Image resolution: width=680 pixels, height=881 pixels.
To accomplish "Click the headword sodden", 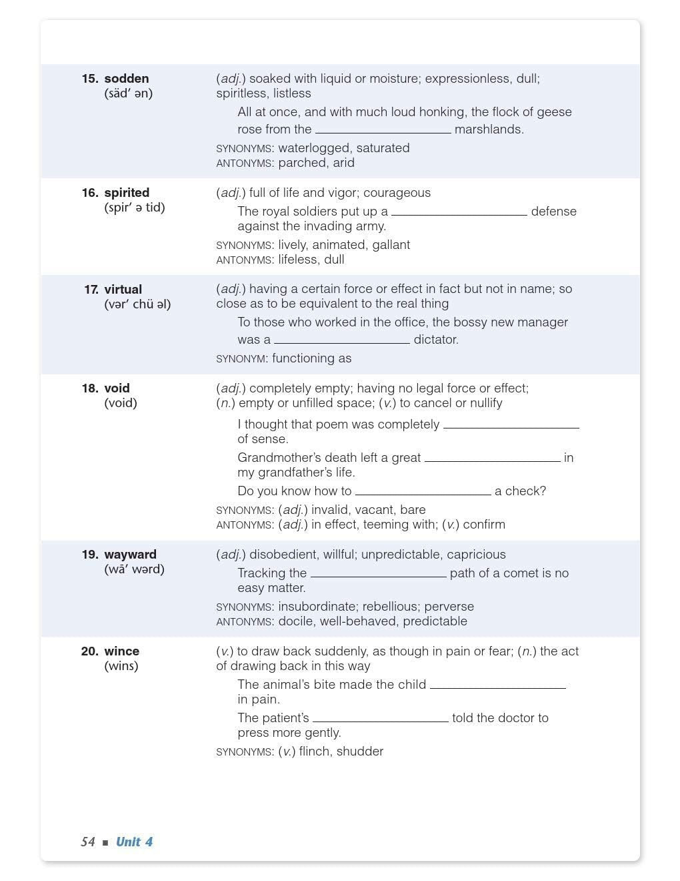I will point(127,79).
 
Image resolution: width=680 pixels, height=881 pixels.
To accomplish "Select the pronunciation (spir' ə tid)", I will point(135,208).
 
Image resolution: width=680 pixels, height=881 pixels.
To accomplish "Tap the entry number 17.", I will point(91,290).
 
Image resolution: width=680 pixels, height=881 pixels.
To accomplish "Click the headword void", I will point(117,388).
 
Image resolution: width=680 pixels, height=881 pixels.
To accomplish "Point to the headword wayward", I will point(130,555).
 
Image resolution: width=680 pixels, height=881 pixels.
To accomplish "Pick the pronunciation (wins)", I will point(121,666).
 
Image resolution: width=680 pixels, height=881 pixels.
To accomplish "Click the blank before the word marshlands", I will point(383,129).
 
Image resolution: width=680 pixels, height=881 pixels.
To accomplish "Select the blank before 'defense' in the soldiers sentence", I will point(459,212).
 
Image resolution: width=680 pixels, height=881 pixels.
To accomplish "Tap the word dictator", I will point(435,340).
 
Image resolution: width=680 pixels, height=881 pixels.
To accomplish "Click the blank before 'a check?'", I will point(423,491).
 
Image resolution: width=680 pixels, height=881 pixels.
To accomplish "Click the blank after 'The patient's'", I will point(380,718).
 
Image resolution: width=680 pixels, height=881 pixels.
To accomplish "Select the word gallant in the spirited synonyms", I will point(391,245).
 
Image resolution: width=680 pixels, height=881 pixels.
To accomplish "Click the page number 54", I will point(88,842).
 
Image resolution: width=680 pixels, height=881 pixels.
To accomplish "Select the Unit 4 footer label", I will point(134,842).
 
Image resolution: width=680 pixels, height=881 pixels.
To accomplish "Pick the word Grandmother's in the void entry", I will point(273,458).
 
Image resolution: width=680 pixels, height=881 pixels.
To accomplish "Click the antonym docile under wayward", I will point(295,621).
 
